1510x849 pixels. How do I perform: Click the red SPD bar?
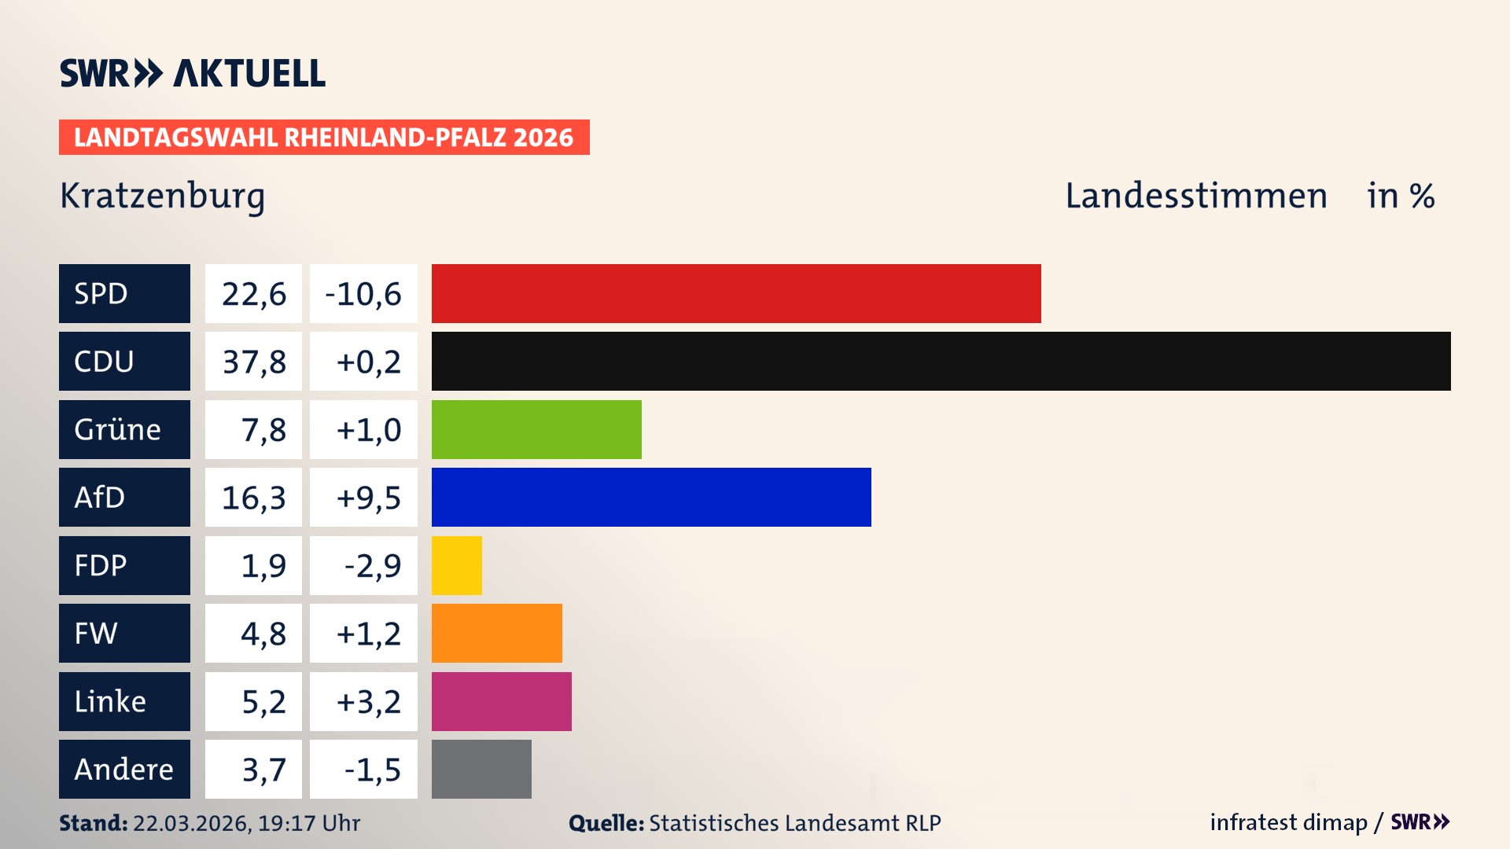736,293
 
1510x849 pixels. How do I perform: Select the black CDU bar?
941,361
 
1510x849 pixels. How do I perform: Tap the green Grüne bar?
536,429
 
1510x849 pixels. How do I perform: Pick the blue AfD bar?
651,497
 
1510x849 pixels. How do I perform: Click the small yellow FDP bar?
457,565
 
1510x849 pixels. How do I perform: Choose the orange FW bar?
497,633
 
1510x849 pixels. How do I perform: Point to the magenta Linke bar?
502,701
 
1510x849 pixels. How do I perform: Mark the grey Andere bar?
481,769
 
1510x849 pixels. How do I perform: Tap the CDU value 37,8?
253,362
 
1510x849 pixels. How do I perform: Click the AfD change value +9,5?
368,498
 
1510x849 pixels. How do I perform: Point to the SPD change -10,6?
363,294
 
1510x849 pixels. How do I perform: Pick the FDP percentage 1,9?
263,566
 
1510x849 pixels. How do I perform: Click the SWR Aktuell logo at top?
193,73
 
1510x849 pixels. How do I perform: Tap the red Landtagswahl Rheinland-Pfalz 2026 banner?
324,138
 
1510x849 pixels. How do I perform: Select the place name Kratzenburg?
162,196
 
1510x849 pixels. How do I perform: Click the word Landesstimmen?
1195,196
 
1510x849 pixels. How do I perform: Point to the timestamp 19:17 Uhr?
308,823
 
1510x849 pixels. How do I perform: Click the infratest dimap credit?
1288,822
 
